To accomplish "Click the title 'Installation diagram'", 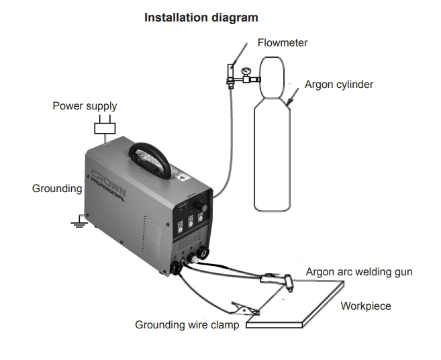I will point(201,17).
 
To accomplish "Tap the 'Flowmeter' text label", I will point(283,43).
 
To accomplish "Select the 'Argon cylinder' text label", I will point(339,85).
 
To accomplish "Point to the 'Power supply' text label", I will point(85,106).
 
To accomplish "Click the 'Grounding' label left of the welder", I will point(57,189).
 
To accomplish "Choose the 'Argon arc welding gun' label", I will point(359,272).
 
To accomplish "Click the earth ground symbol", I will point(80,220).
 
